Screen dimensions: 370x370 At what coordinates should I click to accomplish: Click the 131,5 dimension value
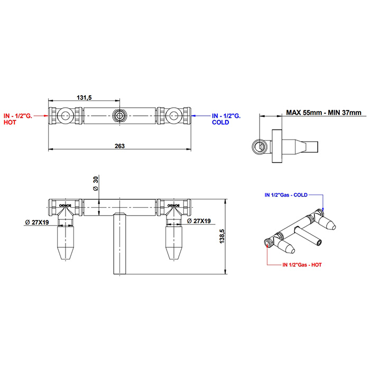[x=84, y=97]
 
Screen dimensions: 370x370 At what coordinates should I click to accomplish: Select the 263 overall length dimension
[x=119, y=146]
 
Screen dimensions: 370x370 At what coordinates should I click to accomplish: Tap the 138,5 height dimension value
[x=222, y=236]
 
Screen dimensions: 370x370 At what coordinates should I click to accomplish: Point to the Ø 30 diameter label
[x=95, y=184]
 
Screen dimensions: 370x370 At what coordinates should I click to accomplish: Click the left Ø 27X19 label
[x=37, y=222]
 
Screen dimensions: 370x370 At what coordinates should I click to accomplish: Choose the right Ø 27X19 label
[x=199, y=221]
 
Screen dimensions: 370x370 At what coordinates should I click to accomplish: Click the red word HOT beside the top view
[x=10, y=122]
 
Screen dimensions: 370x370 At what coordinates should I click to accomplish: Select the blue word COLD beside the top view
[x=220, y=122]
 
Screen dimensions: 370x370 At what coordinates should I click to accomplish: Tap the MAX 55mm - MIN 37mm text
[x=323, y=113]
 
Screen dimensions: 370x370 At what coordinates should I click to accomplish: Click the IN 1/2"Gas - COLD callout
[x=286, y=195]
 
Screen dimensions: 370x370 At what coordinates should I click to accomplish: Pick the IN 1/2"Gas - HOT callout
[x=302, y=265]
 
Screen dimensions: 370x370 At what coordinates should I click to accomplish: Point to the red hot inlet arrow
[x=41, y=116]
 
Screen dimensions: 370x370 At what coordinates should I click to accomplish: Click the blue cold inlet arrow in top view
[x=200, y=116]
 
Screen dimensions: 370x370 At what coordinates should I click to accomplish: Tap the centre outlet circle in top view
[x=119, y=116]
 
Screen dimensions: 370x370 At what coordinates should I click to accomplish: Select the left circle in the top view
[x=64, y=116]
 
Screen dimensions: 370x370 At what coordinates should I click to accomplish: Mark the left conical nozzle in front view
[x=66, y=242]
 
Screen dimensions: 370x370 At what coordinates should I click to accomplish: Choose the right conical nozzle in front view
[x=174, y=242]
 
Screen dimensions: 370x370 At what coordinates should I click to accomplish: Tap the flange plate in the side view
[x=277, y=146]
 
